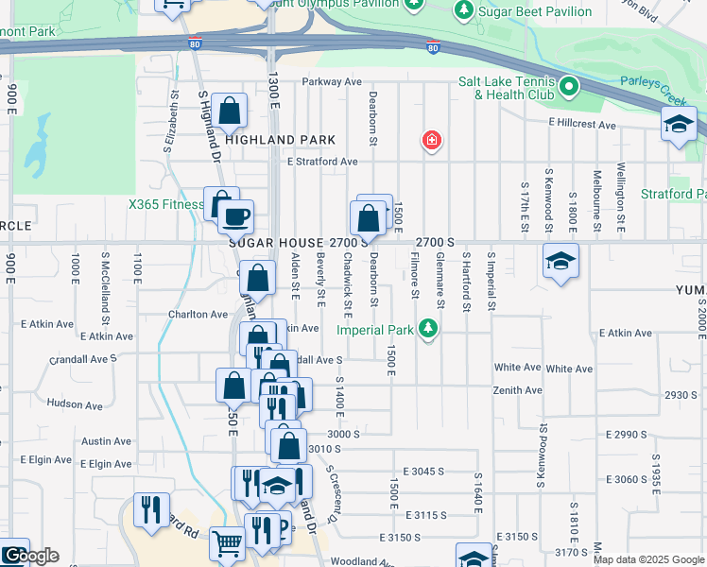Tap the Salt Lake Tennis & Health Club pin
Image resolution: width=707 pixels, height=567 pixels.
tap(568, 88)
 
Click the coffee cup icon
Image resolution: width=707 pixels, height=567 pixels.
tap(235, 215)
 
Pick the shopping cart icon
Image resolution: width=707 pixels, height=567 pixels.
tap(227, 543)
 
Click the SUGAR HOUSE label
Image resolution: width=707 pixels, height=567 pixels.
tap(277, 242)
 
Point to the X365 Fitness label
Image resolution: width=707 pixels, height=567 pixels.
tap(166, 204)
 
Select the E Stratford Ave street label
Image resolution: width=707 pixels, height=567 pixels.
tap(322, 162)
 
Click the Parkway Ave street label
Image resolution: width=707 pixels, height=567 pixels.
tap(333, 82)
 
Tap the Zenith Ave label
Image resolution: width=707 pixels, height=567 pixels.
tap(517, 390)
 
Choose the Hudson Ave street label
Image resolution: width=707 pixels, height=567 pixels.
tap(75, 404)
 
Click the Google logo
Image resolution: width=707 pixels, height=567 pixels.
tap(30, 556)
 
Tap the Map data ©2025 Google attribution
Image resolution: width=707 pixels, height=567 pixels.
tap(647, 559)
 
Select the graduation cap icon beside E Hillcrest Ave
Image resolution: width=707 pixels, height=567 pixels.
tap(678, 124)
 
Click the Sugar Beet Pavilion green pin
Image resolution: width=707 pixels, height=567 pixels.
tap(463, 11)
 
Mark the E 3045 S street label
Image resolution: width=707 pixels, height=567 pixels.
tap(422, 471)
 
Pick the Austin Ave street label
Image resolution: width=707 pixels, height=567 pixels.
tap(99, 441)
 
